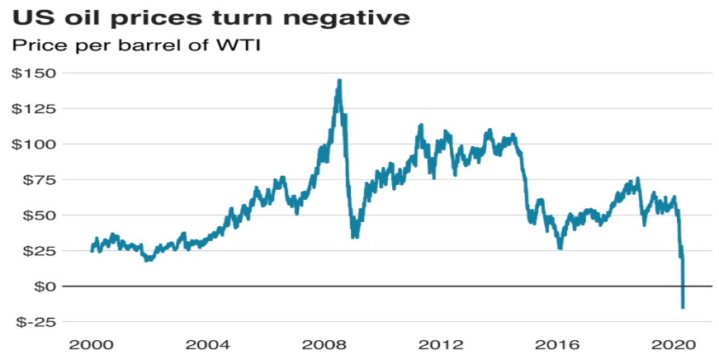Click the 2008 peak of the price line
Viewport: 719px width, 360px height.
click(x=339, y=81)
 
